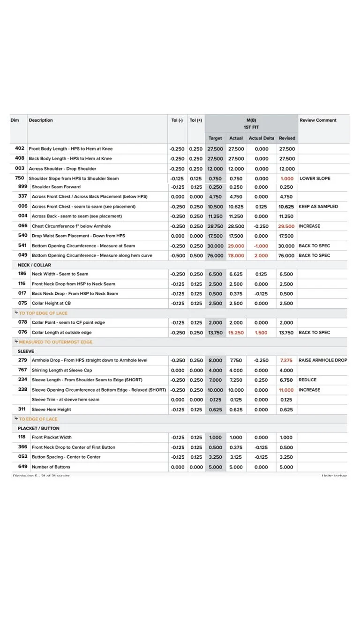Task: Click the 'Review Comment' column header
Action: pos(318,120)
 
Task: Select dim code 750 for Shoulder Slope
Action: pos(19,178)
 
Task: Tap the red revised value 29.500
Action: pos(286,226)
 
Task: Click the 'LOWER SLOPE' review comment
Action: pos(315,179)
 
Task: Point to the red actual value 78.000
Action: pos(236,256)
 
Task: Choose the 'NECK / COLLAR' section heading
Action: pos(34,265)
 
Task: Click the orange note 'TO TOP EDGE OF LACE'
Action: pos(43,313)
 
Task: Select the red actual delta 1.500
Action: pos(261,333)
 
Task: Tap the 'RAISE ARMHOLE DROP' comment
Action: pos(322,360)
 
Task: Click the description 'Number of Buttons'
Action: pos(51,467)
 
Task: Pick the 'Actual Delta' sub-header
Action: pos(261,138)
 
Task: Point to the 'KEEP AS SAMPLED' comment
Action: pos(318,207)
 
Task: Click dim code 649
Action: pos(22,467)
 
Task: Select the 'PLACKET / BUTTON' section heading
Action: pos(38,428)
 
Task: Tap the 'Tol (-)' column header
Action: pos(177,120)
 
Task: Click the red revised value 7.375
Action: pos(286,360)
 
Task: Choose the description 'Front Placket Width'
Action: pos(51,438)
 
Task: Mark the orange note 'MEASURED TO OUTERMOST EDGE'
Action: pos(55,342)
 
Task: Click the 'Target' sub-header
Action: pos(215,138)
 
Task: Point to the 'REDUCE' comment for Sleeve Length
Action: pos(307,380)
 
